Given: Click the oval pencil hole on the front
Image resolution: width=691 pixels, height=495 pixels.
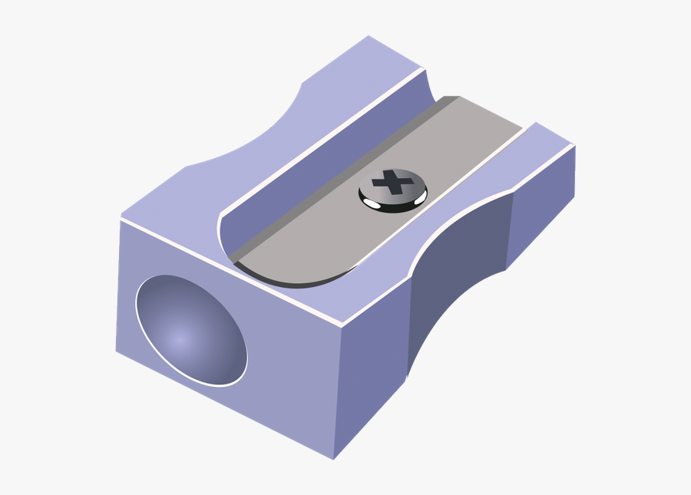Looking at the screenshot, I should click(x=191, y=329).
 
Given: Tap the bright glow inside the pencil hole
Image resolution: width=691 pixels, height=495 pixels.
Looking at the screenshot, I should click(x=179, y=338).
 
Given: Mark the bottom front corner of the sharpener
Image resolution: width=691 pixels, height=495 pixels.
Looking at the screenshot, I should click(x=333, y=459).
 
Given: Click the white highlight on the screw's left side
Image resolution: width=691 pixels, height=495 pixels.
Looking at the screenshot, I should click(x=369, y=203).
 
